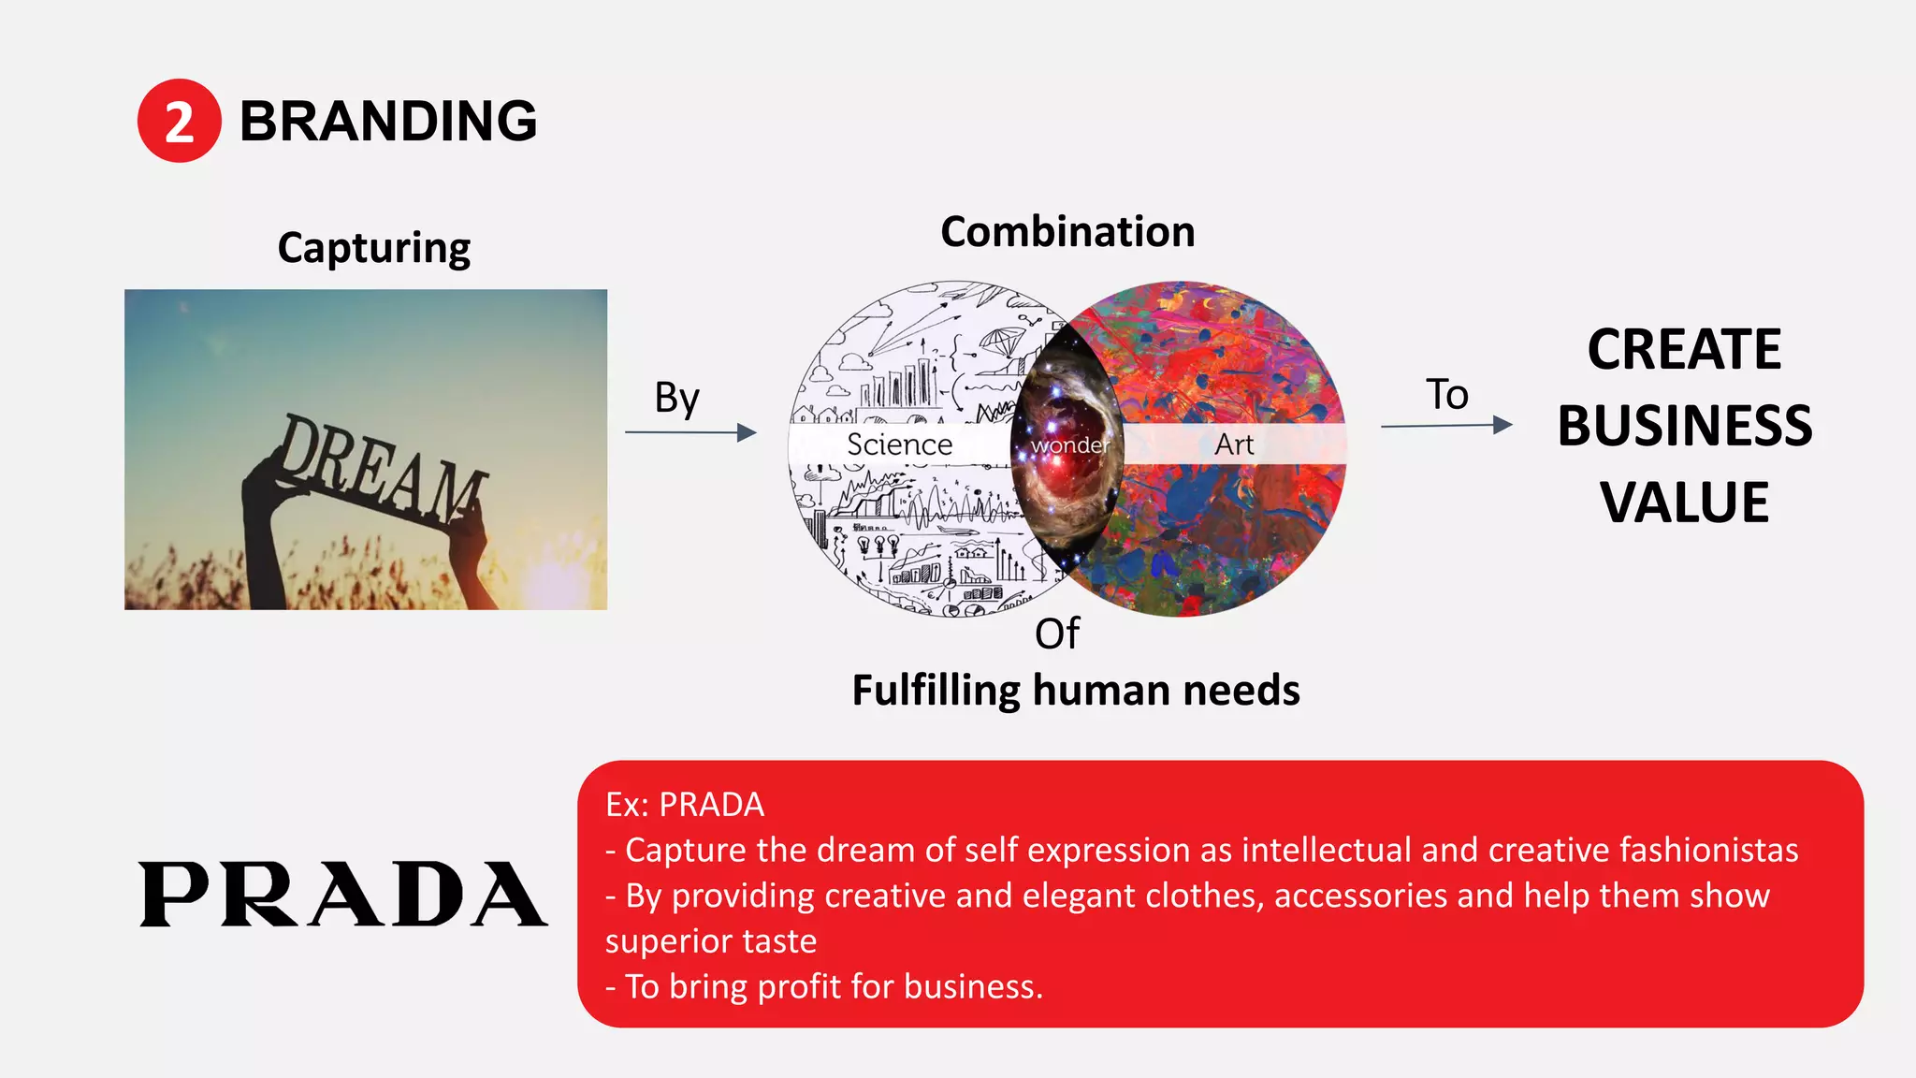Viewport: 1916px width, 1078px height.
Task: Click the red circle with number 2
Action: click(x=179, y=121)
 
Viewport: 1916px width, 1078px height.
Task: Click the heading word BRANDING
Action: click(x=388, y=122)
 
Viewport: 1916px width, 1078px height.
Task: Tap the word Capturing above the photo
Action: click(x=374, y=248)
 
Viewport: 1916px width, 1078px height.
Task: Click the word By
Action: click(x=676, y=398)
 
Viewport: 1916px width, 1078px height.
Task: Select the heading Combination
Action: click(x=1067, y=232)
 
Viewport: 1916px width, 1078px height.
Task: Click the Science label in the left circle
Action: click(x=899, y=444)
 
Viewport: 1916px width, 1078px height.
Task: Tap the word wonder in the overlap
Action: click(x=1068, y=445)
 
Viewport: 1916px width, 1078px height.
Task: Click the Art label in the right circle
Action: click(x=1234, y=444)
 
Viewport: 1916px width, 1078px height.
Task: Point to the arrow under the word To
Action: click(x=1446, y=426)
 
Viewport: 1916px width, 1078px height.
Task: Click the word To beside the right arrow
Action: click(x=1446, y=394)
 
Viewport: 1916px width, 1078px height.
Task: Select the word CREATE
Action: click(x=1684, y=350)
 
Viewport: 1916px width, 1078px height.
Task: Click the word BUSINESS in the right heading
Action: click(x=1684, y=426)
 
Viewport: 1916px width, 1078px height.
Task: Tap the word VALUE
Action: click(x=1684, y=503)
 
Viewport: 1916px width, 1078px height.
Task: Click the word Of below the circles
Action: click(x=1057, y=634)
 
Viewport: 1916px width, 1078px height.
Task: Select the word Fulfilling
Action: click(x=936, y=692)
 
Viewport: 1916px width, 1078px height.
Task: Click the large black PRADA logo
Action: click(x=342, y=895)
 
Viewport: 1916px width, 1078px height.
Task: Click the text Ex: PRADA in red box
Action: click(x=685, y=805)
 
